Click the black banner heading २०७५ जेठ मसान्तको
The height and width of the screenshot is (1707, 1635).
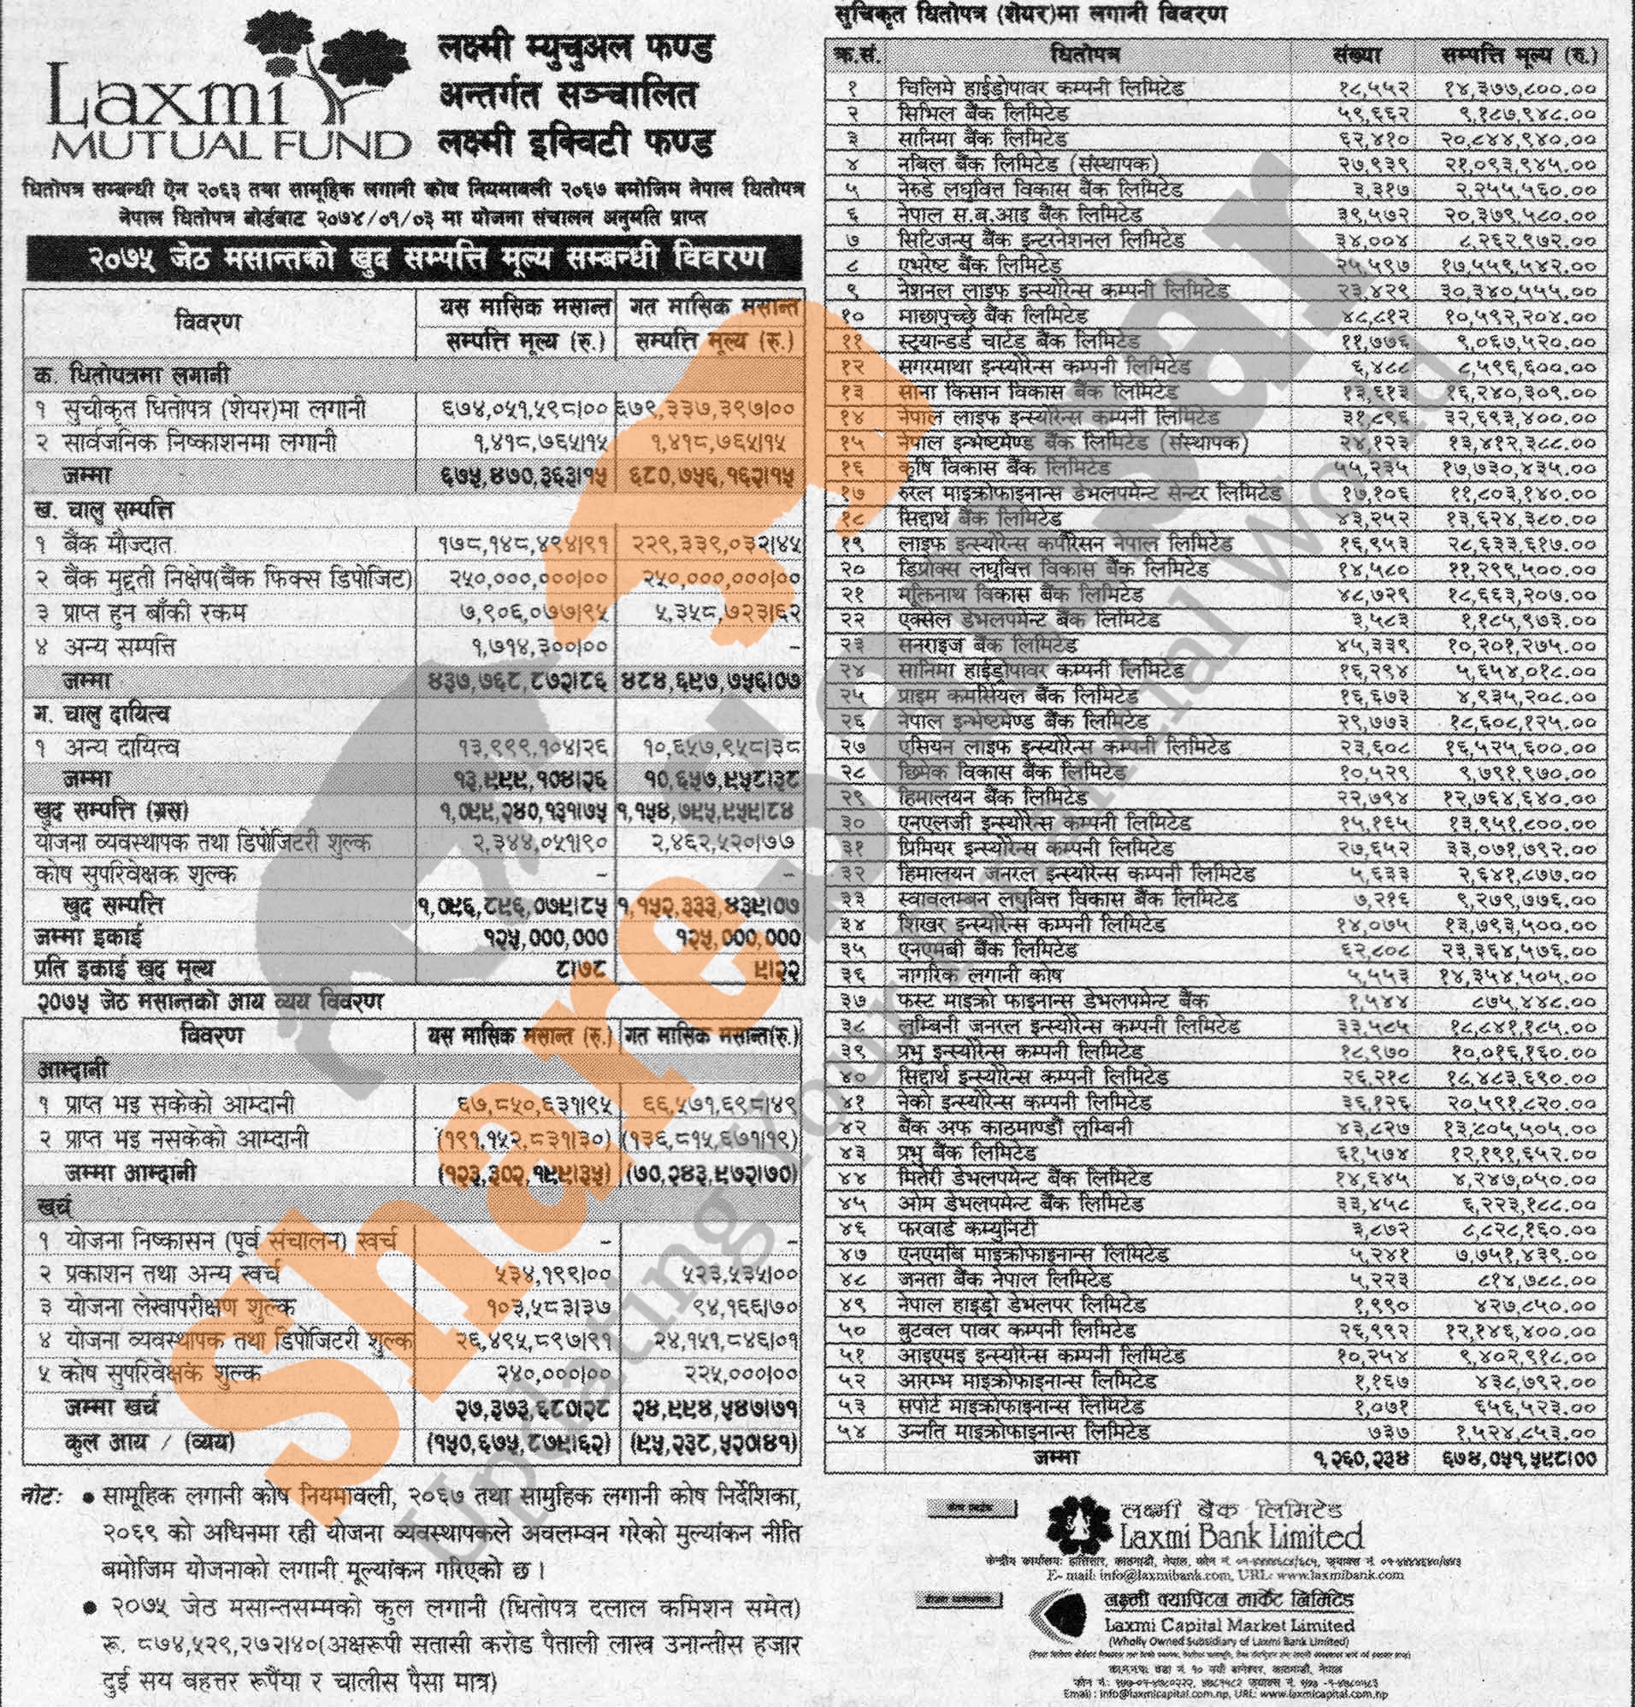click(x=414, y=258)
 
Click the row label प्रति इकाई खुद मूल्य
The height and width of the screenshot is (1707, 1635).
click(x=124, y=968)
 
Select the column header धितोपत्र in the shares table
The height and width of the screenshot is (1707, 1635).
click(x=1085, y=56)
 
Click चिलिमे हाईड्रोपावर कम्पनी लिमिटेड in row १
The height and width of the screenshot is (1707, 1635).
click(x=1041, y=88)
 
